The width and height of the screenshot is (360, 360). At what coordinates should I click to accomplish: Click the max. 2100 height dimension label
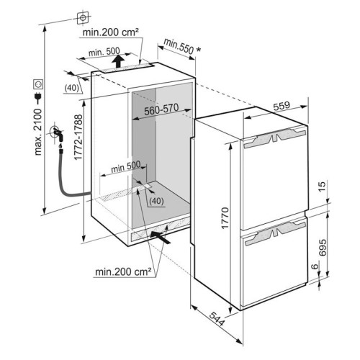[38, 132]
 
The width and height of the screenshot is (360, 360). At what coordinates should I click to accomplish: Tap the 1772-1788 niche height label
[78, 137]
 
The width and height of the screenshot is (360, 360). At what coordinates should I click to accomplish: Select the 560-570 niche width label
[161, 109]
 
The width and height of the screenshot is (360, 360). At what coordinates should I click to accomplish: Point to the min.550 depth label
[179, 46]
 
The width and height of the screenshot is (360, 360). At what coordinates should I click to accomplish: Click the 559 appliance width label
[282, 106]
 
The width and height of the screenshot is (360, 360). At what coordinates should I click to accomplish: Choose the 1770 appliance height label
[225, 218]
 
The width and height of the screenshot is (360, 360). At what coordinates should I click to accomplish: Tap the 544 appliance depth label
[217, 319]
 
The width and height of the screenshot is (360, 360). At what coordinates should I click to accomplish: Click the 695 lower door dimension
[323, 248]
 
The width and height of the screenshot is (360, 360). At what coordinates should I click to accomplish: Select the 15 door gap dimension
[323, 186]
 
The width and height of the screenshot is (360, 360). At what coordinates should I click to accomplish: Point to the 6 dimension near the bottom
[315, 266]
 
